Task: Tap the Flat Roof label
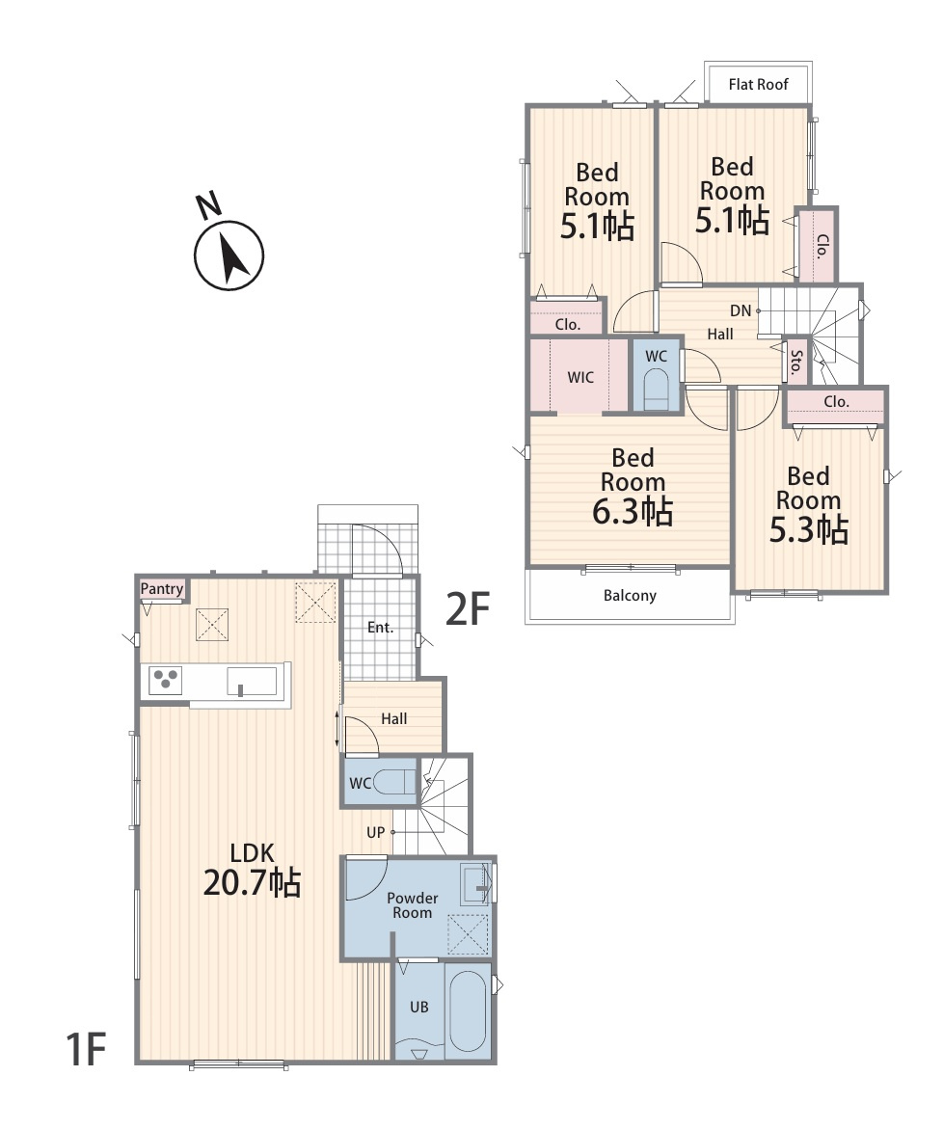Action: click(x=758, y=84)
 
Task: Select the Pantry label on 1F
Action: click(x=161, y=589)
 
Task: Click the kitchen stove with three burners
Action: click(x=166, y=681)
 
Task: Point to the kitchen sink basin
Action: click(x=252, y=681)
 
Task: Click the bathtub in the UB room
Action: click(x=469, y=1010)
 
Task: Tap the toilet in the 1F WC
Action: click(x=397, y=782)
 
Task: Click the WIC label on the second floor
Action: click(x=580, y=377)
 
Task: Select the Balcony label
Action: click(x=630, y=595)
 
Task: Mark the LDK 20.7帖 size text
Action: click(x=252, y=870)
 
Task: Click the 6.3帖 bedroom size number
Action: click(x=633, y=512)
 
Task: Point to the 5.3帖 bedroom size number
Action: click(x=808, y=529)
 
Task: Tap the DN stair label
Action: click(x=741, y=310)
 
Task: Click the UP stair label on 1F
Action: click(x=376, y=832)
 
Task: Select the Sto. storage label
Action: click(x=796, y=361)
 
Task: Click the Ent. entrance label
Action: click(x=380, y=628)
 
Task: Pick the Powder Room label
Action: click(x=413, y=905)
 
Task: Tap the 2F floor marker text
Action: click(x=468, y=609)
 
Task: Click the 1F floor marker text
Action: click(x=86, y=1049)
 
